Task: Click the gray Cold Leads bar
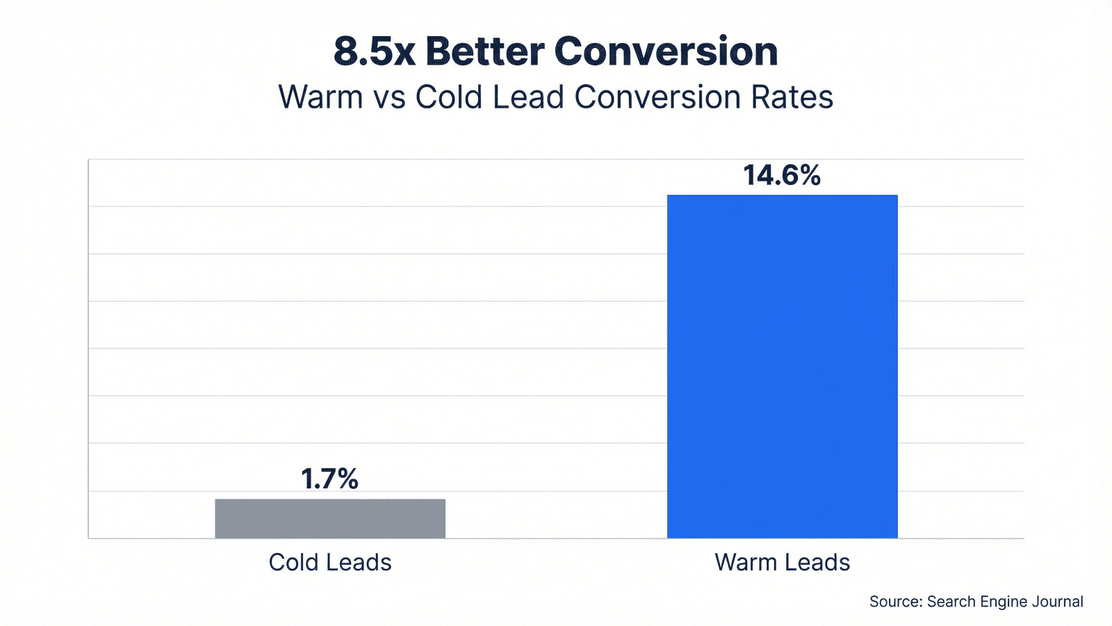pos(330,518)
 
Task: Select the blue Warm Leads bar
pos(782,367)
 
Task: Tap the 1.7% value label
pos(329,479)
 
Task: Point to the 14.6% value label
pos(782,175)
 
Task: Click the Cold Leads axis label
pos(330,562)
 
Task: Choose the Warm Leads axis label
pos(782,562)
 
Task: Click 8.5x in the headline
pos(374,51)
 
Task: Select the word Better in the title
pos(484,51)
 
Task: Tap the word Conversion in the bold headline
pos(666,51)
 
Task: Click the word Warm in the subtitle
pos(320,97)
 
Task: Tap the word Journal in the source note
pos(1058,602)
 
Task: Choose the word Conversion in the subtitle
pos(657,97)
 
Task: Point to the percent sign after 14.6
pos(809,175)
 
